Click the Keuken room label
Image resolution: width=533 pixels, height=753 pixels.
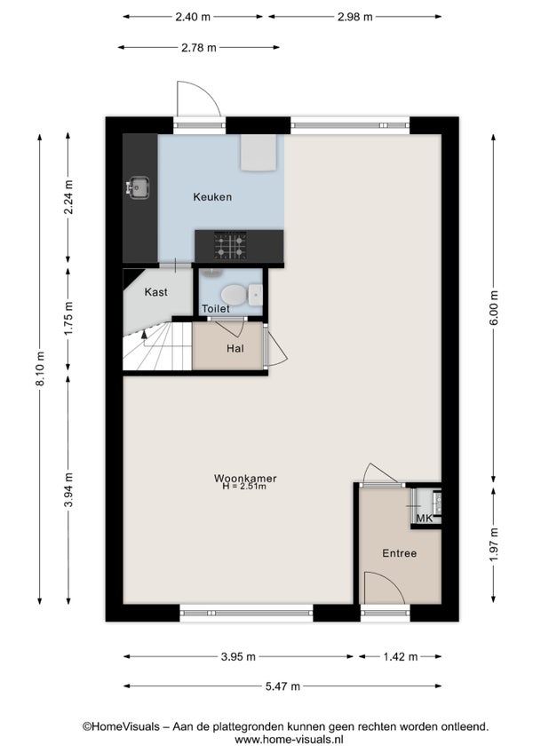click(212, 197)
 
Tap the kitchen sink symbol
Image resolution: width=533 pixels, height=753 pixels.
click(138, 187)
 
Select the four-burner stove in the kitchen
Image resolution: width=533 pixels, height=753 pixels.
click(230, 245)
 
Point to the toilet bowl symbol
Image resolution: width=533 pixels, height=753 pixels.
click(234, 294)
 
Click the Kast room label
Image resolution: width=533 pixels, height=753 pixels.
click(156, 292)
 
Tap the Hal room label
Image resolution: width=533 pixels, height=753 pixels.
click(235, 349)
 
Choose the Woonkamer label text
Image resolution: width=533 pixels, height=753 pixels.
click(245, 479)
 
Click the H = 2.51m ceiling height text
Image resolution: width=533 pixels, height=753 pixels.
click(244, 487)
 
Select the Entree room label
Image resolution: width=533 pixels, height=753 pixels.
click(400, 553)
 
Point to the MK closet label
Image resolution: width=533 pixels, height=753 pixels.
click(425, 519)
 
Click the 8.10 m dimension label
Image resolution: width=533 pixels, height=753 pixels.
click(40, 369)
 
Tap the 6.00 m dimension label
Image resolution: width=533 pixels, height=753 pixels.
click(494, 308)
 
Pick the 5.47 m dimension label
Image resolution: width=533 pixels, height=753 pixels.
click(282, 686)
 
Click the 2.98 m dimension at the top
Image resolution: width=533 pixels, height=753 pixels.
click(355, 17)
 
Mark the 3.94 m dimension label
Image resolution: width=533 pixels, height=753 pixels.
click(69, 490)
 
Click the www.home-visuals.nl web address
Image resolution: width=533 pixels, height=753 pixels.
click(289, 740)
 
